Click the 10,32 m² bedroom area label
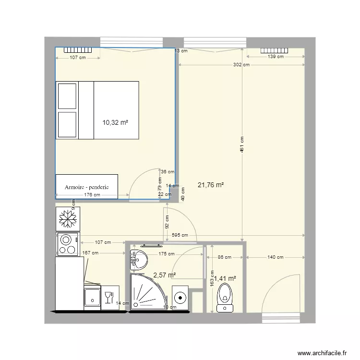pyautogui.click(x=115, y=122)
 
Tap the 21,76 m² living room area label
pyautogui.click(x=211, y=184)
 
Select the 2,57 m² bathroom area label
pyautogui.click(x=164, y=275)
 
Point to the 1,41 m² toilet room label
pyautogui.click(x=226, y=278)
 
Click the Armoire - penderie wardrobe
pyautogui.click(x=86, y=186)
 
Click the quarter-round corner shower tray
pyautogui.click(x=147, y=292)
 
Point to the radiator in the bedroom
pyautogui.click(x=78, y=50)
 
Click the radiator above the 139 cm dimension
pyautogui.click(x=275, y=50)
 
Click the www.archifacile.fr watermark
pyautogui.click(x=322, y=352)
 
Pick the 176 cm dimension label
pyautogui.click(x=92, y=194)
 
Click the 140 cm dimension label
pyautogui.click(x=275, y=257)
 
